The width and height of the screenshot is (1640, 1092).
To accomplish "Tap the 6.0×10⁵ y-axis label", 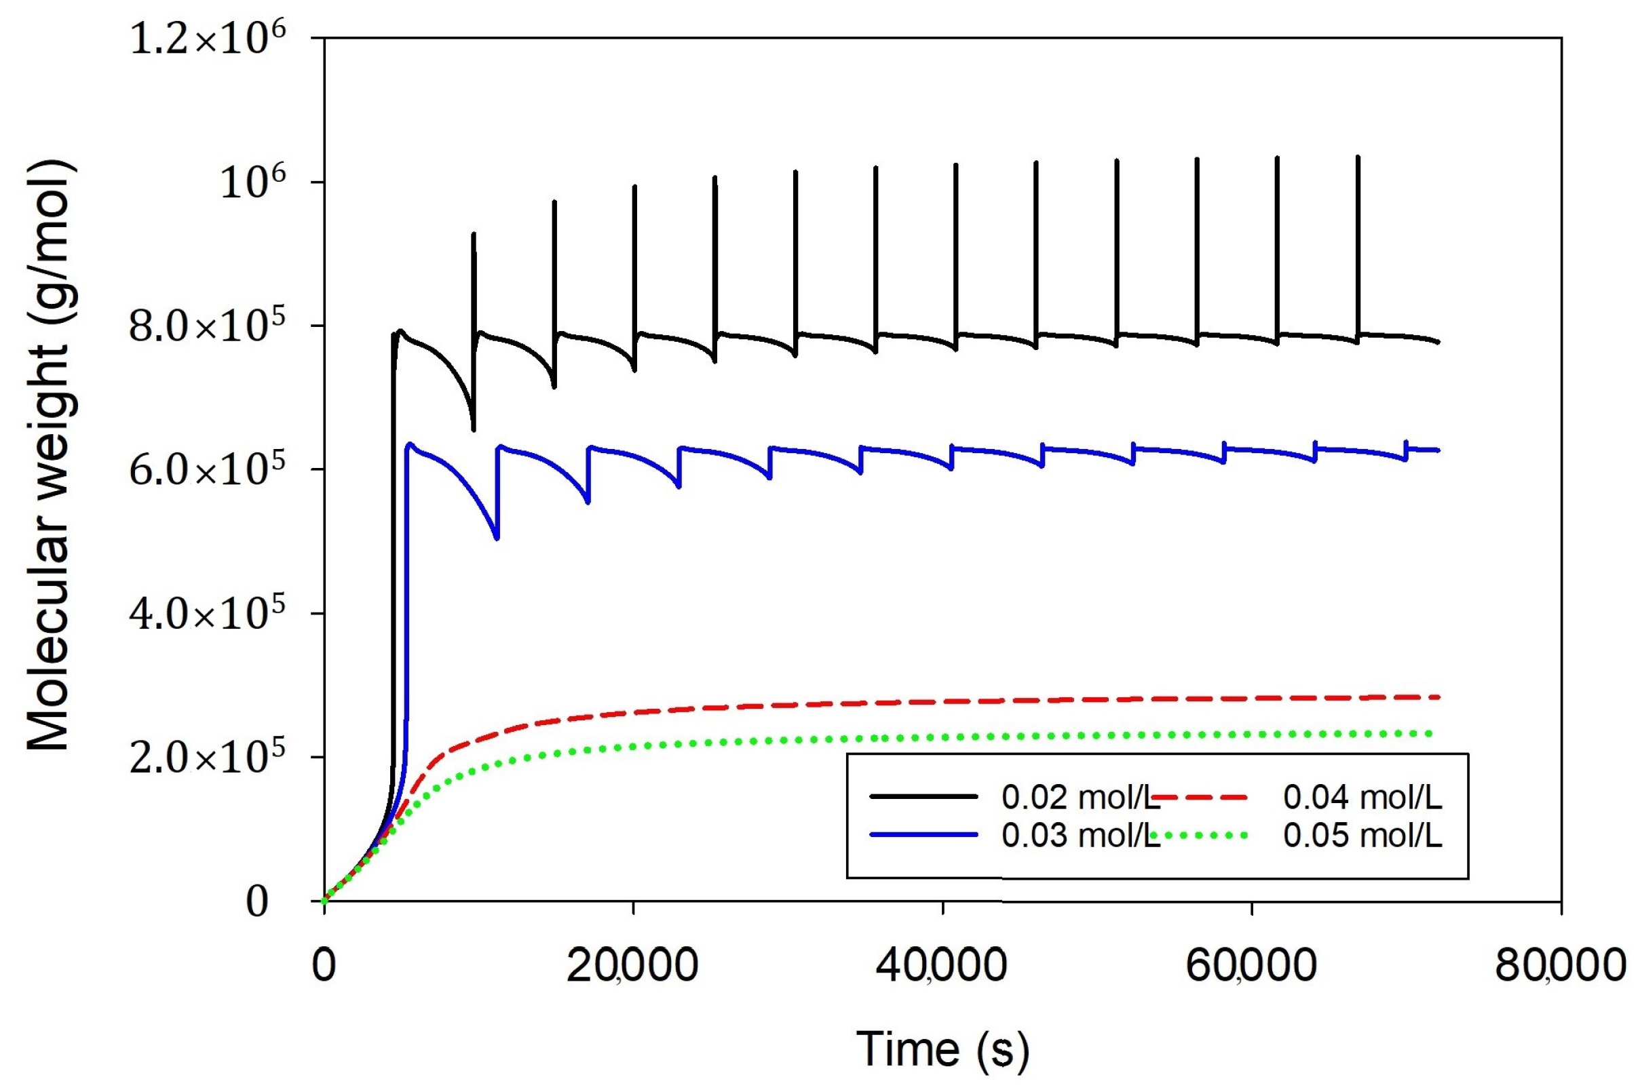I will tap(207, 471).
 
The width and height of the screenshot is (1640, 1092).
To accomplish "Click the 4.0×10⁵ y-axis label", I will tap(207, 615).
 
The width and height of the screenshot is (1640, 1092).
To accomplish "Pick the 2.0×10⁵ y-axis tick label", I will tap(207, 759).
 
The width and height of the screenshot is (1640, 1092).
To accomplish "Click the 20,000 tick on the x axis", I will tap(632, 967).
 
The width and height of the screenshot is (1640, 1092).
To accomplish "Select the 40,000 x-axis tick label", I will tap(941, 967).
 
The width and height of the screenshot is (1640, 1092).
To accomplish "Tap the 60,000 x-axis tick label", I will tap(1251, 967).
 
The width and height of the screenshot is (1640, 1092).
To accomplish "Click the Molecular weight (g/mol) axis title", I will tap(49, 456).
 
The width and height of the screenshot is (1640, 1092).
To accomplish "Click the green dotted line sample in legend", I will tap(1204, 834).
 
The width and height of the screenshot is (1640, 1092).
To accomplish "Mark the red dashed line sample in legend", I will tap(1204, 796).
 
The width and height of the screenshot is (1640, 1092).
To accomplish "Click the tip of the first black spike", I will tap(474, 235).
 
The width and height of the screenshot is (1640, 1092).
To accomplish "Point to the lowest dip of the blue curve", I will tap(496, 538).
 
